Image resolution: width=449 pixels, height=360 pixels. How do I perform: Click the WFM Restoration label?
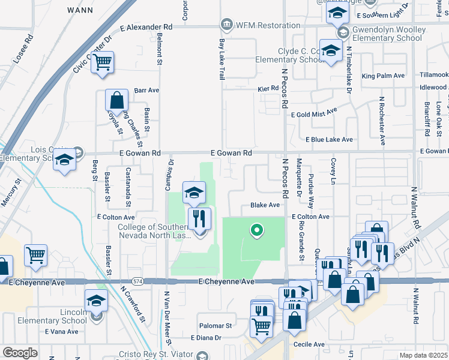click(268, 25)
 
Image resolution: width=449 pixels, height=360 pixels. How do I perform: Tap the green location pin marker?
click(257, 230)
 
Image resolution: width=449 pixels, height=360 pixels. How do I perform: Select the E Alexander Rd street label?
click(146, 27)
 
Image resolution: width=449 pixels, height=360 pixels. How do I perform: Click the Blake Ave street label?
click(265, 205)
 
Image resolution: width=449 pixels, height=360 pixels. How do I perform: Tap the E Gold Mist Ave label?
click(315, 114)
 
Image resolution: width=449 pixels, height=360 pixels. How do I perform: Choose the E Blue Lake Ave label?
click(329, 139)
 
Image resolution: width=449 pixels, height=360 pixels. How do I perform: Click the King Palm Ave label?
click(383, 76)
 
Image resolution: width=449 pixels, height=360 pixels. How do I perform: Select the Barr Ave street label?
click(146, 90)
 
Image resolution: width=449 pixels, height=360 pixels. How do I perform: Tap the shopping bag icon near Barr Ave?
click(116, 100)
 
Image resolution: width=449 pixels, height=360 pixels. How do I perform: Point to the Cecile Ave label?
click(309, 344)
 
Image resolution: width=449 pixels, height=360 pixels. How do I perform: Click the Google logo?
click(19, 353)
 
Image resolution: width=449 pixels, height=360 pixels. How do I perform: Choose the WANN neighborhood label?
click(80, 11)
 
